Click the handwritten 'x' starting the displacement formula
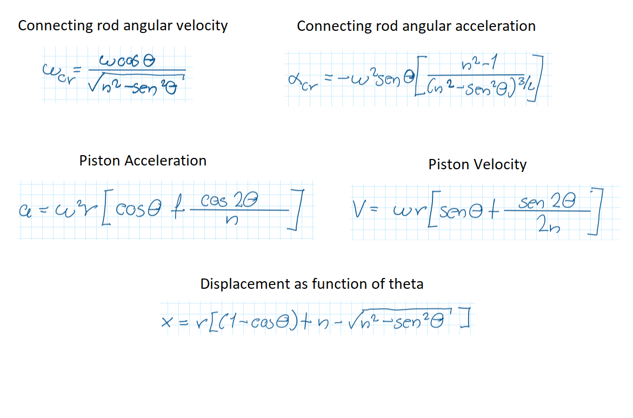tap(167, 323)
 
